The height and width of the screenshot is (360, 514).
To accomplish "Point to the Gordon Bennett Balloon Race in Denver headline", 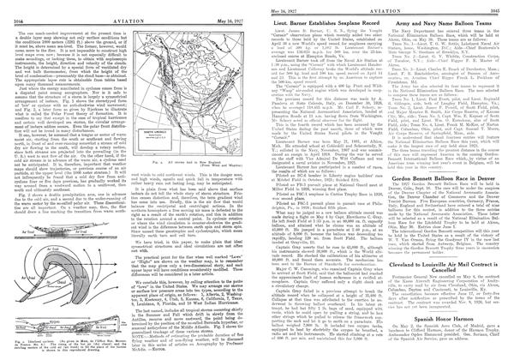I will pyautogui.click(x=439, y=201).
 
